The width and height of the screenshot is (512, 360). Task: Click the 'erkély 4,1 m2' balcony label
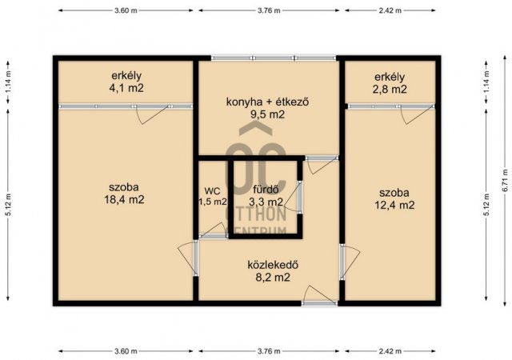[x=126, y=82]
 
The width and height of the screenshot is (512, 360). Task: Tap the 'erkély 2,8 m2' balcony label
[x=390, y=82]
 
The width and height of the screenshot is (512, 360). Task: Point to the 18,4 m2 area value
[x=126, y=199]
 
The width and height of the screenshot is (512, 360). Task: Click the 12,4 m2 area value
[x=395, y=205]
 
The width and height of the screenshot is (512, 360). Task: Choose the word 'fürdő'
[x=265, y=190]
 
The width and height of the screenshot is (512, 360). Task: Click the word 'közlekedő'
[x=267, y=265]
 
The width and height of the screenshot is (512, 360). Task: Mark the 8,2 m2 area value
[x=267, y=278]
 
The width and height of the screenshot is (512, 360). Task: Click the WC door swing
[x=213, y=230]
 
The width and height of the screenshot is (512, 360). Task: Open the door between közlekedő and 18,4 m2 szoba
[x=189, y=258]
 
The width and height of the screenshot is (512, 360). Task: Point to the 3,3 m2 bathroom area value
[x=265, y=202]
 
